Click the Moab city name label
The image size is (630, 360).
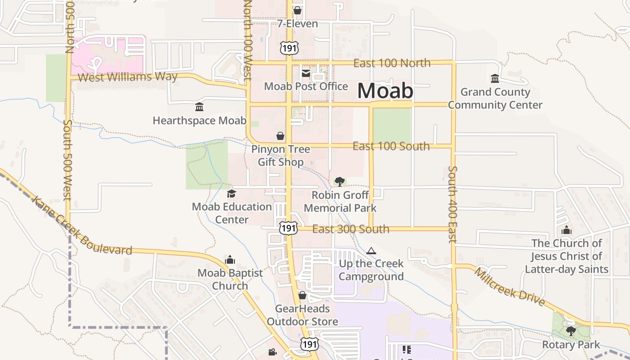click(x=385, y=91)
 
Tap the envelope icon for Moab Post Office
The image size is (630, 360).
click(x=306, y=73)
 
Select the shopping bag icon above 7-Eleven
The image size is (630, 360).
click(x=297, y=10)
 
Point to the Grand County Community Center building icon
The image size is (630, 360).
click(x=495, y=79)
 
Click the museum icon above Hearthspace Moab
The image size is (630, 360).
click(x=199, y=107)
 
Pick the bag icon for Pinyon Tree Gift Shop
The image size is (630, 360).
click(x=280, y=136)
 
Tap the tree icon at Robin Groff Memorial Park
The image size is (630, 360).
click(x=340, y=182)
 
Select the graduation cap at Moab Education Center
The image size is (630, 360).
click(x=231, y=193)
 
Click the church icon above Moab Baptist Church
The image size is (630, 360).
click(x=230, y=260)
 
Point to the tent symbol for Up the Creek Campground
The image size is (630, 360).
click(x=371, y=251)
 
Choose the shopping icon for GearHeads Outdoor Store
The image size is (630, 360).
click(x=302, y=295)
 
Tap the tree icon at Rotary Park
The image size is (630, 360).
click(x=571, y=331)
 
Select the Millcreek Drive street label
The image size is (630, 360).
click(x=509, y=287)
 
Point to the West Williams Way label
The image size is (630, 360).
click(x=127, y=77)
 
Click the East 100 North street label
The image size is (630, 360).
click(x=391, y=63)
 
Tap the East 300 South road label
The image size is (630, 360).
click(x=351, y=229)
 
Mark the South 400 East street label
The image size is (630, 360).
click(x=453, y=204)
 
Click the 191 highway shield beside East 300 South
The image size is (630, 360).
click(x=288, y=228)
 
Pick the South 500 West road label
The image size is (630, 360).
click(x=67, y=159)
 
